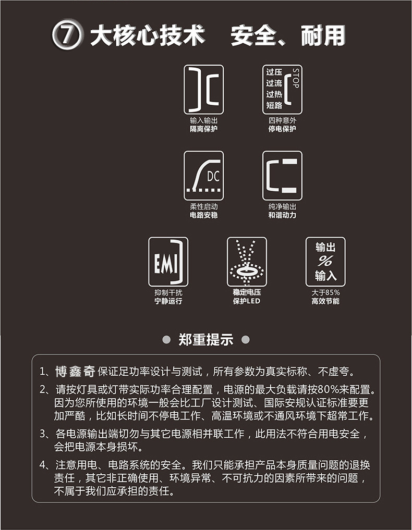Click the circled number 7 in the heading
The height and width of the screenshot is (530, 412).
(x=68, y=36)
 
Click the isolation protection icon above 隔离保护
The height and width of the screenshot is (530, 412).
(x=203, y=90)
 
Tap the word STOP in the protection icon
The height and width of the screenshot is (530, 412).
(x=296, y=78)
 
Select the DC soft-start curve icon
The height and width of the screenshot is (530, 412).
(x=203, y=176)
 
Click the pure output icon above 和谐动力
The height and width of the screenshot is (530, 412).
(x=282, y=176)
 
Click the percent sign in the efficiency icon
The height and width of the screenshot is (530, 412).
(x=325, y=261)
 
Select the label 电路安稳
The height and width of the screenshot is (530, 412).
(x=203, y=215)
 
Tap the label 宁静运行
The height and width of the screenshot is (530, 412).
(x=168, y=301)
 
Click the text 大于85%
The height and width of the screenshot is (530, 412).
(x=325, y=293)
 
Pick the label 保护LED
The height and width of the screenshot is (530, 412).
(x=247, y=301)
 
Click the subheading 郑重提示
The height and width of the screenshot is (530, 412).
(x=206, y=340)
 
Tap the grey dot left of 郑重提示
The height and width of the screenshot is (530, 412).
(x=166, y=340)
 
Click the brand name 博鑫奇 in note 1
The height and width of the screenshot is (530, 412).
(x=75, y=372)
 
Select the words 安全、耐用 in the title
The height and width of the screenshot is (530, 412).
(x=287, y=36)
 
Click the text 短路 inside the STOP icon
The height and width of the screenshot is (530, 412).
(x=274, y=105)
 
